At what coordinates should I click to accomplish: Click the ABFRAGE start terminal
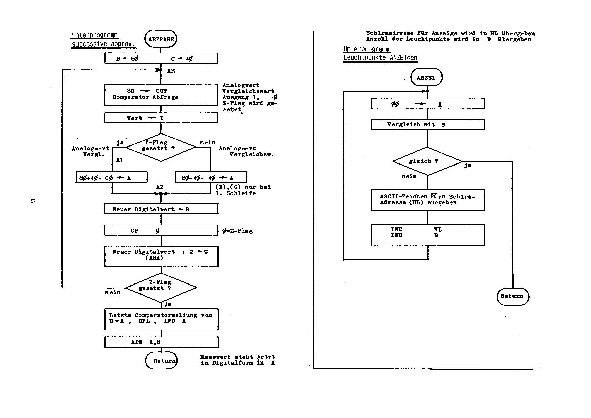(x=161, y=39)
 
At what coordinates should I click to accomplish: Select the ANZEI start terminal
(x=426, y=78)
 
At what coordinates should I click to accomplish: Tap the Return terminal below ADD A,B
(x=161, y=361)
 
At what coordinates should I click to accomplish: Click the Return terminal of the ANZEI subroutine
(x=512, y=296)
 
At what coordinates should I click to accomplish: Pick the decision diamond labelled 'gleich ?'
(x=427, y=161)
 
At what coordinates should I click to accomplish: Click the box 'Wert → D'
(x=161, y=118)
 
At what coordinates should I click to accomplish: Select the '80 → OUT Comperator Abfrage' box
(x=161, y=94)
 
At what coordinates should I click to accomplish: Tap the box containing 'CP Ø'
(x=161, y=231)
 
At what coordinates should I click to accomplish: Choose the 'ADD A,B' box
(x=161, y=342)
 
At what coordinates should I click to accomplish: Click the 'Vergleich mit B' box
(x=428, y=125)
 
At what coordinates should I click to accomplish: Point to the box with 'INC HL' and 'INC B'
(x=428, y=235)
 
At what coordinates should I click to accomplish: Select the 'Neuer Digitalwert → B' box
(x=161, y=209)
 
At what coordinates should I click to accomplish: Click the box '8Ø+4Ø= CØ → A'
(x=112, y=178)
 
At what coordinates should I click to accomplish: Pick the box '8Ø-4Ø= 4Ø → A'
(x=210, y=178)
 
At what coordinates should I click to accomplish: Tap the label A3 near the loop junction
(x=171, y=71)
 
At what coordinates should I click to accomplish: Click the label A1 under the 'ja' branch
(x=119, y=160)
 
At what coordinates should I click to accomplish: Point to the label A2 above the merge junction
(x=160, y=187)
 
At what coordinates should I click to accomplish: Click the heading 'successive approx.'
(x=104, y=44)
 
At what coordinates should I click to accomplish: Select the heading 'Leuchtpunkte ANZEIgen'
(x=380, y=58)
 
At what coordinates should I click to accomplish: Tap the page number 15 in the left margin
(x=33, y=201)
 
